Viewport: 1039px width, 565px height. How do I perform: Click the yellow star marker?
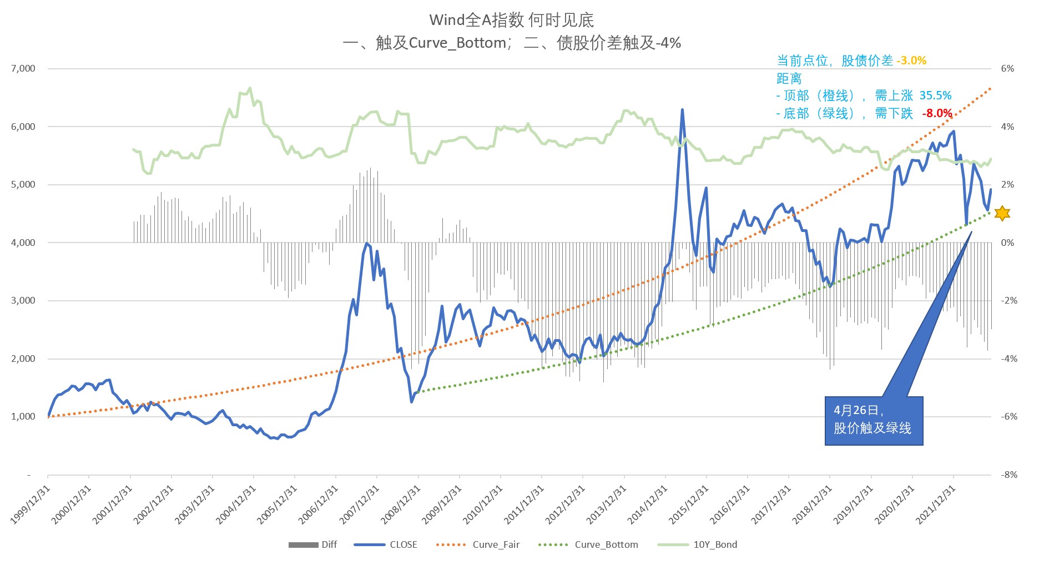(x=1002, y=213)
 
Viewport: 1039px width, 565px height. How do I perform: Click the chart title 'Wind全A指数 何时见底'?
(x=511, y=21)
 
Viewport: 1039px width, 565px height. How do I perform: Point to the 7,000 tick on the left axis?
(x=23, y=69)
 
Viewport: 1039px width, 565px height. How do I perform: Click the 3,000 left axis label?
(x=23, y=301)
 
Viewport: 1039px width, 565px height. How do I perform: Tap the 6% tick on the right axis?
(x=1007, y=69)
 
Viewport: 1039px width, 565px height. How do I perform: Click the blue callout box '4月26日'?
(x=873, y=420)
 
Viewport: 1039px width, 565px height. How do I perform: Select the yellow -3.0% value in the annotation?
(x=911, y=60)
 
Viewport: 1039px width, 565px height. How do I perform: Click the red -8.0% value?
(x=937, y=113)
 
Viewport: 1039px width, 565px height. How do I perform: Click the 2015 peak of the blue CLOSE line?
(x=682, y=110)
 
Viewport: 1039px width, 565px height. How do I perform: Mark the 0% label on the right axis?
(x=1007, y=243)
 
